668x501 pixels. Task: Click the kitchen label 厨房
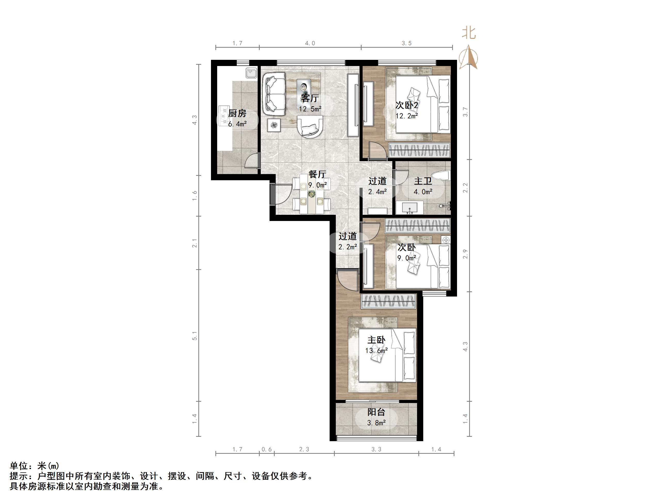click(237, 113)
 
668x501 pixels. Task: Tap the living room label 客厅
click(310, 98)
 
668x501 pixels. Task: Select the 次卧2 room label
click(407, 105)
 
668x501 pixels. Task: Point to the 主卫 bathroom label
click(423, 181)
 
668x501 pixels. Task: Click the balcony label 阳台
click(376, 412)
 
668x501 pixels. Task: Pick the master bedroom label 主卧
click(376, 340)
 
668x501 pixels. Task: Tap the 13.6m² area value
click(376, 351)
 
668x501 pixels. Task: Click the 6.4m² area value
click(237, 124)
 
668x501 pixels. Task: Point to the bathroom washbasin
click(410, 208)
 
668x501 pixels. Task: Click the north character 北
click(469, 33)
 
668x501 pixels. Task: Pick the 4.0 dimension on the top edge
click(310, 43)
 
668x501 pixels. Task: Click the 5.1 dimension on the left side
click(195, 335)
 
